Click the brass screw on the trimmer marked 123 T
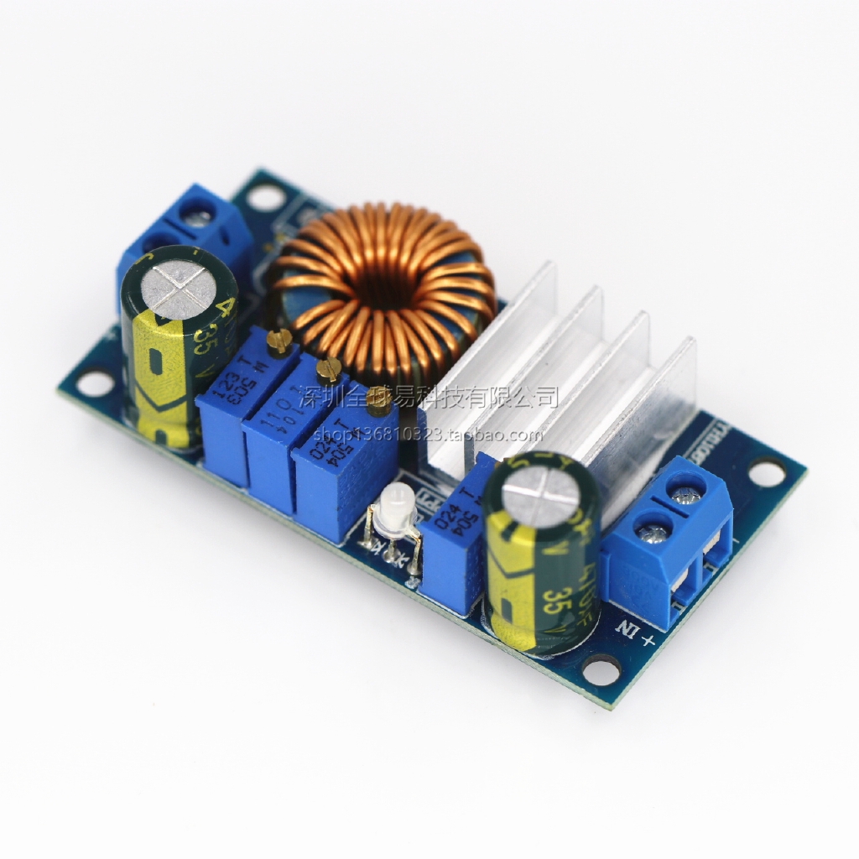(x=280, y=339)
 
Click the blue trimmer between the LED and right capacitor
(x=451, y=537)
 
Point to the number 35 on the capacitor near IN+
(x=554, y=602)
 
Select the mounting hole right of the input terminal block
(x=765, y=472)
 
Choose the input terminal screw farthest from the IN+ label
(x=690, y=488)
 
